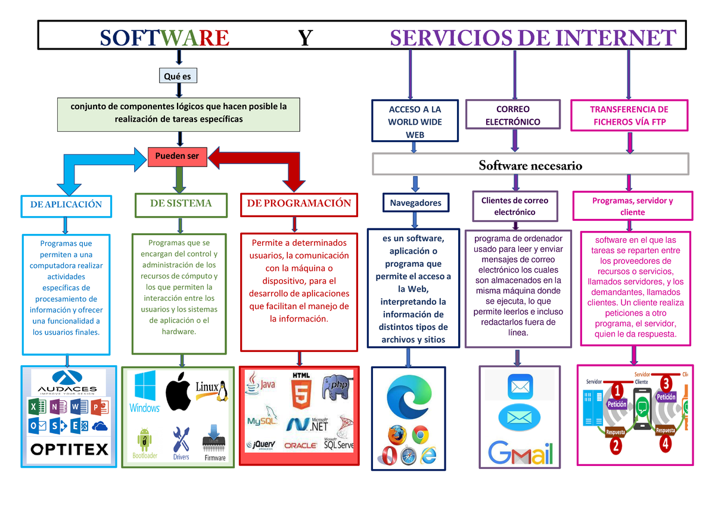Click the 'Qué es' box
(178, 76)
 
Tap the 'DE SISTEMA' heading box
(181, 203)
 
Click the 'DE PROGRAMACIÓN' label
(299, 203)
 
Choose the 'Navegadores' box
(415, 203)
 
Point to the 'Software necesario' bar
(530, 165)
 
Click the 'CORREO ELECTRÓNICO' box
(512, 115)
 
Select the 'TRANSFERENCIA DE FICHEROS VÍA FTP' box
(630, 115)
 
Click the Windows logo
(144, 391)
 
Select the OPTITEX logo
(69, 449)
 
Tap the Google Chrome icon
(421, 436)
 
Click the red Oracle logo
(300, 445)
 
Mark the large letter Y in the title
(305, 38)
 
